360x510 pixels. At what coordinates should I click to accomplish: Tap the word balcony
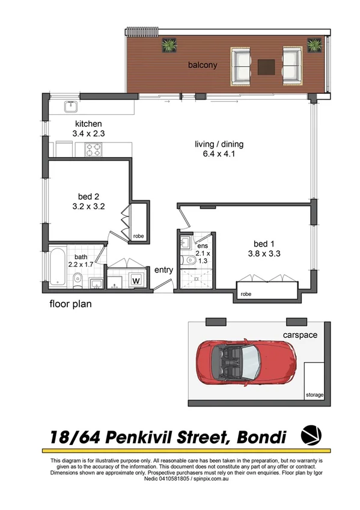[201, 65]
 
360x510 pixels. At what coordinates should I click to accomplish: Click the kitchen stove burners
[93, 149]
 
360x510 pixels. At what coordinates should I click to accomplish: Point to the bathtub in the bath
[55, 269]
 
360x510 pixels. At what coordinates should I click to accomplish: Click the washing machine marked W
[136, 280]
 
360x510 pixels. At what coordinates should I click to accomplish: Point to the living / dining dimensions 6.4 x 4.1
[219, 154]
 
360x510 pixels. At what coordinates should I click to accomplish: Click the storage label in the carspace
[314, 395]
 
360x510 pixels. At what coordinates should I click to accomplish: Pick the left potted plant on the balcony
[168, 45]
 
